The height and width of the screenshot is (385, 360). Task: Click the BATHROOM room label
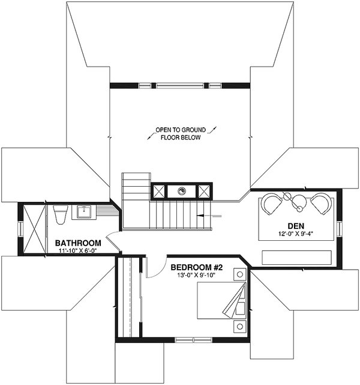[78, 243]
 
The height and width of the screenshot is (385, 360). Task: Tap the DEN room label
[296, 226]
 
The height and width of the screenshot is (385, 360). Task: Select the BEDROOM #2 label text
[197, 267]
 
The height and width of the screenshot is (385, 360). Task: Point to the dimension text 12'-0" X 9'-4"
[296, 234]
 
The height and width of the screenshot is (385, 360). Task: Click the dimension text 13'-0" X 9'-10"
[196, 275]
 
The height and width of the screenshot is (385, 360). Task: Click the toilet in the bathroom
[61, 214]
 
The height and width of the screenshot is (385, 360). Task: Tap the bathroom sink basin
[84, 212]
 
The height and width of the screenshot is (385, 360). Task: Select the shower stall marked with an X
[35, 229]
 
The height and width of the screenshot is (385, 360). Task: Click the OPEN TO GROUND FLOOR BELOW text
[181, 133]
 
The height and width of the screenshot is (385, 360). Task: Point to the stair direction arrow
[209, 216]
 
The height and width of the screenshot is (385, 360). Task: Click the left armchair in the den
[271, 204]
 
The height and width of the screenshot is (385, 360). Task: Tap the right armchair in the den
[321, 204]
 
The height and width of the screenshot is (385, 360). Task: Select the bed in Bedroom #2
[221, 300]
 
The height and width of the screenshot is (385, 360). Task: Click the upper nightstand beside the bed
[239, 274]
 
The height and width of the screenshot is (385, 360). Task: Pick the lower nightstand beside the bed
[239, 326]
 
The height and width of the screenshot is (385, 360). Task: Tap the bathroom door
[113, 244]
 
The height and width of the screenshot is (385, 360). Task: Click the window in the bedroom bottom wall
[193, 340]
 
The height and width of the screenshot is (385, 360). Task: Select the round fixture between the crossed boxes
[181, 190]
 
